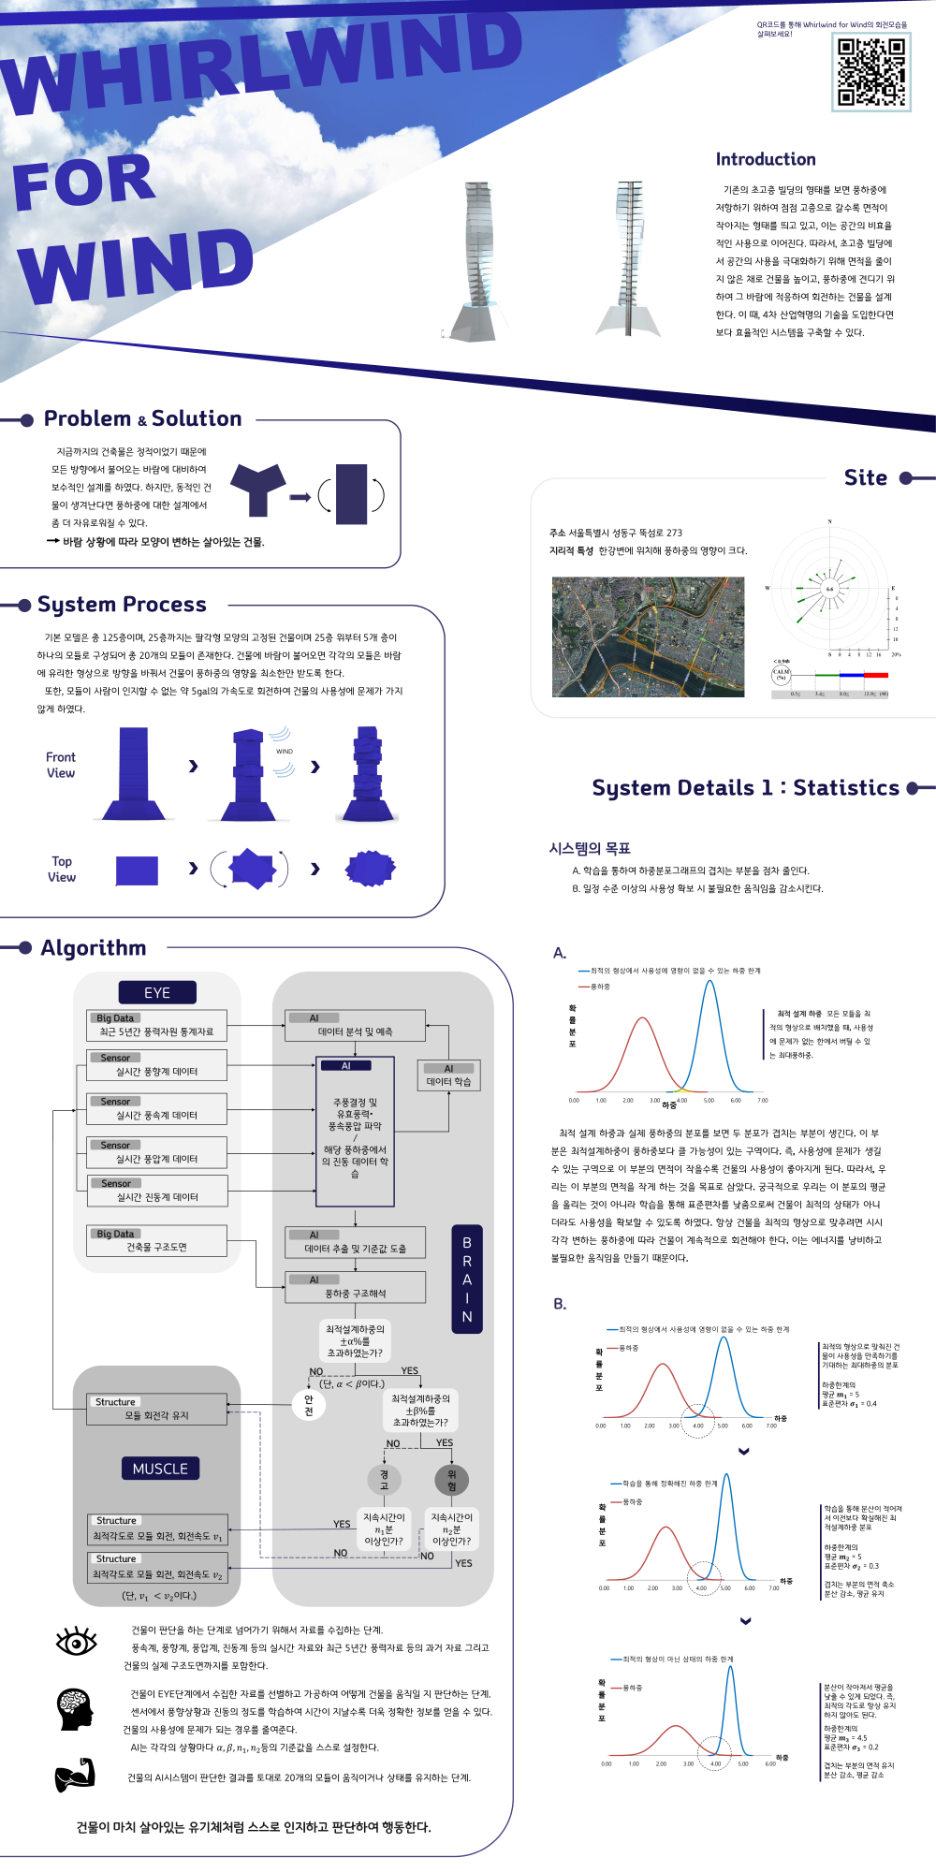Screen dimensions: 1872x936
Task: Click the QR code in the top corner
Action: click(871, 72)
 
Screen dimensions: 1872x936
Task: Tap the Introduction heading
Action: click(766, 159)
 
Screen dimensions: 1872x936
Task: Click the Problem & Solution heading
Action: click(142, 418)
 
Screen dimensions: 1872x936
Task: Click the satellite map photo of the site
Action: click(648, 636)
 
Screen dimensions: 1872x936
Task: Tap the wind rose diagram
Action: click(829, 590)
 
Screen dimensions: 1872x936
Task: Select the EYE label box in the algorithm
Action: click(157, 992)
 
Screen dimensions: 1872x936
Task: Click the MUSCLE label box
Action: click(160, 1469)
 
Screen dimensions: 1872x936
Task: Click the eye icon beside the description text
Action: click(76, 1641)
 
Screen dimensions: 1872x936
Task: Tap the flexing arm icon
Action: click(75, 1775)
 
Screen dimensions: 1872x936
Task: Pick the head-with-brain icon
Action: click(75, 1708)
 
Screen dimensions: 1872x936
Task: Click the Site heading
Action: click(865, 478)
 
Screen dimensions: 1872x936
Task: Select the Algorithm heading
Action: click(94, 948)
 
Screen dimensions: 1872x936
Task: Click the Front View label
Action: click(61, 765)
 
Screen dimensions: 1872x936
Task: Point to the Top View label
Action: click(62, 869)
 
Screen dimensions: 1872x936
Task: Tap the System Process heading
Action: click(122, 605)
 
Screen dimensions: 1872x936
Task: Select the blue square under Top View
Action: click(137, 870)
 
